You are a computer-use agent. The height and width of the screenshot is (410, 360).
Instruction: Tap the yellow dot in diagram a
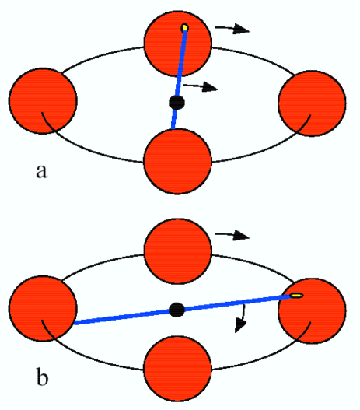(184, 29)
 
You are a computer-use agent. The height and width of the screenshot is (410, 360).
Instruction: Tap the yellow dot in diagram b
(297, 296)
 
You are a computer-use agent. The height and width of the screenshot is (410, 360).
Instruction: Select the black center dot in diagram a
(177, 102)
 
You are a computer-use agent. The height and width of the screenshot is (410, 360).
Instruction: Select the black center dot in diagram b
(177, 309)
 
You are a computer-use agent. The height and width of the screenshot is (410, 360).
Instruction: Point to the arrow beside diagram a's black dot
(206, 86)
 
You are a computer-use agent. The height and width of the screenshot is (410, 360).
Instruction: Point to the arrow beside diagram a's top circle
(232, 30)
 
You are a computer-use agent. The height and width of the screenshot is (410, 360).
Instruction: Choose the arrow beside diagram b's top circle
(232, 235)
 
